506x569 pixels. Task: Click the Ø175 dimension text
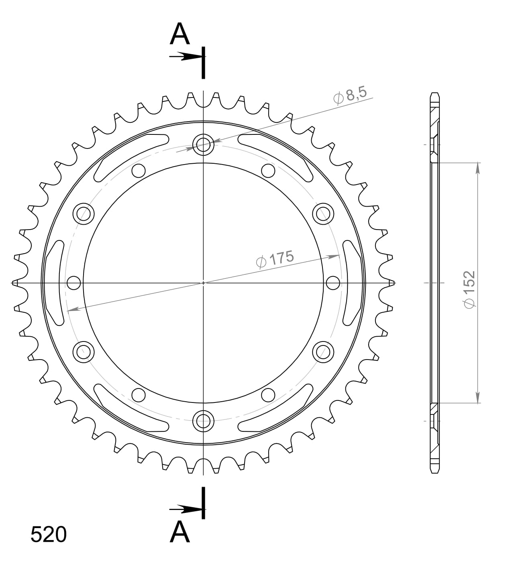point(275,259)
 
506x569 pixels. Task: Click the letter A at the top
point(180,35)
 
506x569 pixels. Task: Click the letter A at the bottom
point(180,532)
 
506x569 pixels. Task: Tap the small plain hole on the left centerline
point(74,283)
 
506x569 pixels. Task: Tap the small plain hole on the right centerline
point(333,283)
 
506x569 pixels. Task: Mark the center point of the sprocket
point(203,283)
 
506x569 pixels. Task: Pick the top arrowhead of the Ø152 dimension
point(477,169)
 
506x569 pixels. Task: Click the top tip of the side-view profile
point(435,94)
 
